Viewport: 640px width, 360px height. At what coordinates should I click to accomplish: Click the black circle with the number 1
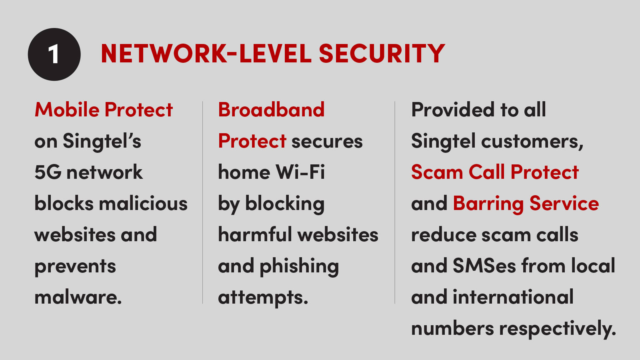[54, 54]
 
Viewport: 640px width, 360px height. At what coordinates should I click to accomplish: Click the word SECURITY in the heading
[382, 54]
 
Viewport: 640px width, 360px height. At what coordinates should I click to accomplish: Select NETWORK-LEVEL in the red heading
[206, 54]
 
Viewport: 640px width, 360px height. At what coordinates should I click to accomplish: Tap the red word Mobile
[67, 110]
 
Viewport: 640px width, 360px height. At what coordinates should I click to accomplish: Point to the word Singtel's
[102, 142]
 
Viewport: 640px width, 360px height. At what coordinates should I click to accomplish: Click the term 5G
[48, 172]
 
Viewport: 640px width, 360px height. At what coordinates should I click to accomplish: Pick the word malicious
[143, 204]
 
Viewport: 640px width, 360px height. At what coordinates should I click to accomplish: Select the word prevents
[75, 267]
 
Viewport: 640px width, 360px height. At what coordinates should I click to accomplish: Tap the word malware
[78, 298]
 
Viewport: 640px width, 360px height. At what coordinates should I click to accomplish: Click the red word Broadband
[272, 110]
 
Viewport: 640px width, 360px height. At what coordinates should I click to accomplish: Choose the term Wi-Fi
[300, 172]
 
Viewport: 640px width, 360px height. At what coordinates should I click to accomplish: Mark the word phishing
[299, 266]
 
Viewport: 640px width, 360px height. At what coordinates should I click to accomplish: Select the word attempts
[263, 298]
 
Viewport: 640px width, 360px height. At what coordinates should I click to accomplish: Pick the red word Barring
[488, 204]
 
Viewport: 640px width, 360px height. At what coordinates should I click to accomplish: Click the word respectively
[558, 328]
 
